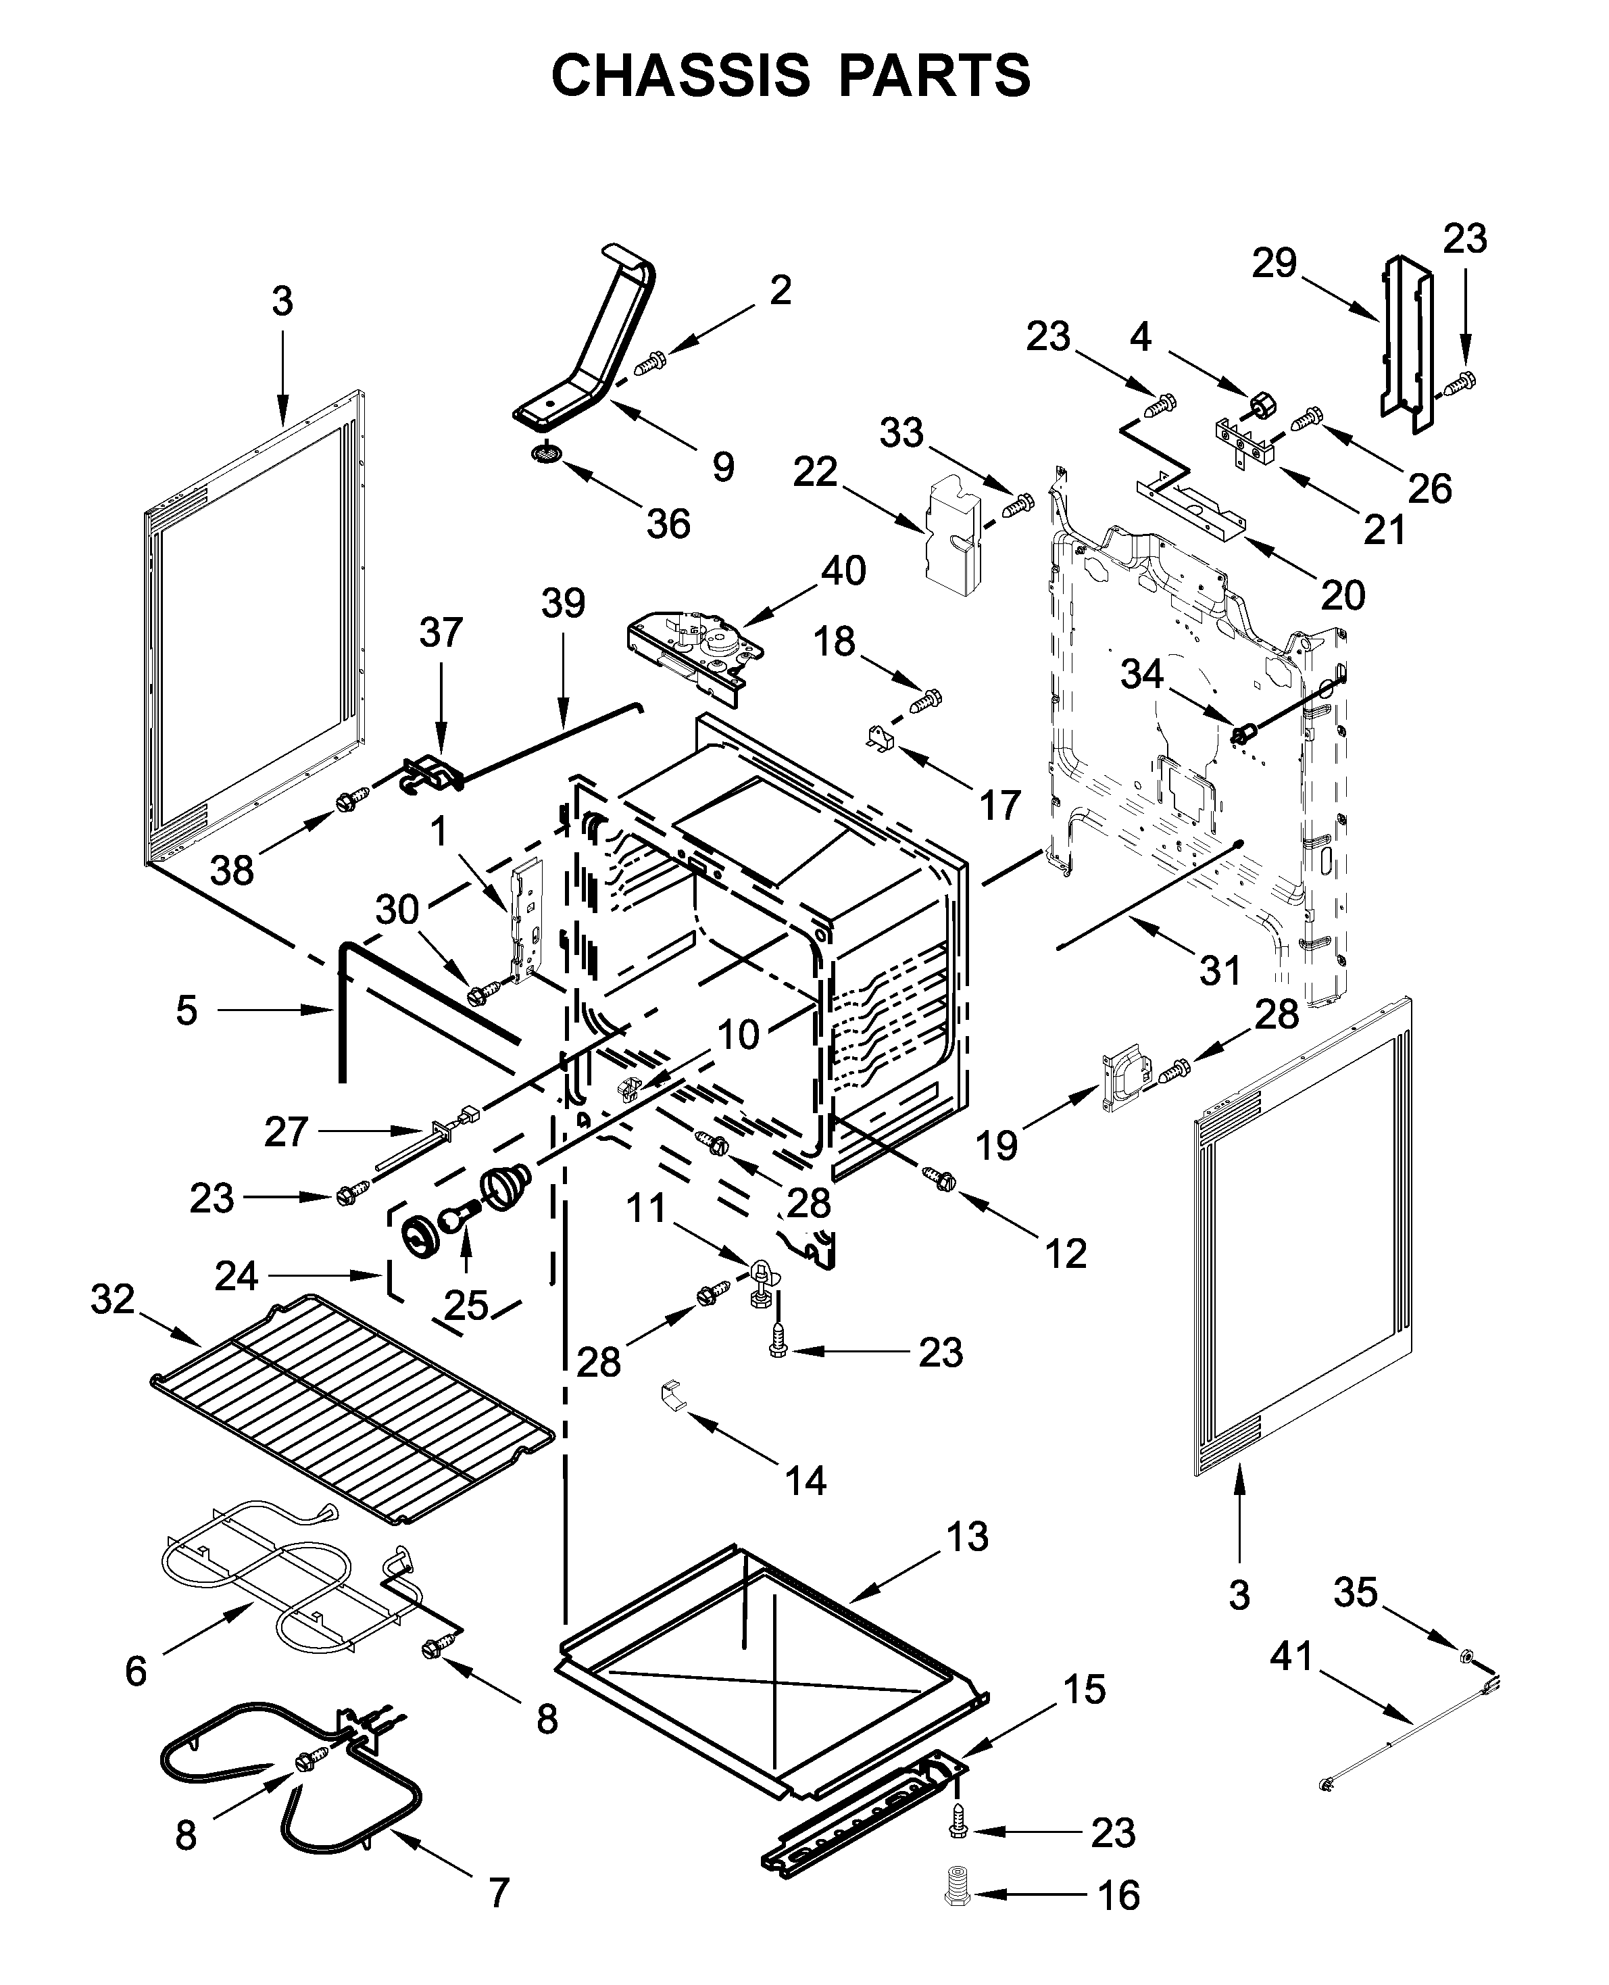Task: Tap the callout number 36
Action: click(668, 524)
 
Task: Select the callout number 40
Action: click(843, 571)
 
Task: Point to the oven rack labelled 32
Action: click(352, 1410)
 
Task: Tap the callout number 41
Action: click(1292, 1656)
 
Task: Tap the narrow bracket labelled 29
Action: click(1406, 343)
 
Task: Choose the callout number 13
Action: click(968, 1537)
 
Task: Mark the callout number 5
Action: click(187, 1010)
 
